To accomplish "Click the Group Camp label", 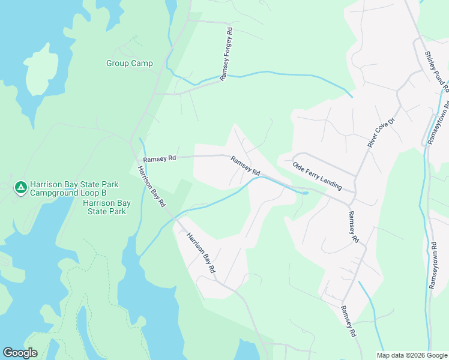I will click(129, 63).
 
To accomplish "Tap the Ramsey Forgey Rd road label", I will click(226, 54).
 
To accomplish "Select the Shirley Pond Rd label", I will click(437, 71).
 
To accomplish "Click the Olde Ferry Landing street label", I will click(317, 176).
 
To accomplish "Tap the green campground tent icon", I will click(21, 188).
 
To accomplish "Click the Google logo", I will click(20, 353).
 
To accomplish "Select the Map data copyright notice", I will click(412, 355).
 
